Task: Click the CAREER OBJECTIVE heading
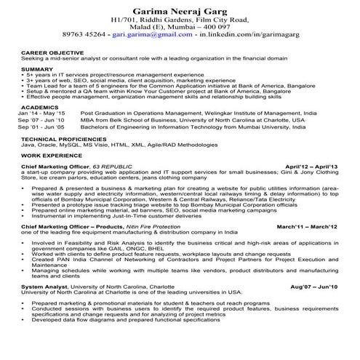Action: [51, 54]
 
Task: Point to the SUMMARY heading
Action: [37, 68]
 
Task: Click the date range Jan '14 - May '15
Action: [41, 113]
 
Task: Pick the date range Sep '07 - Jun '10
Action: [41, 120]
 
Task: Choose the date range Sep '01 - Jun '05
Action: [41, 127]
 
